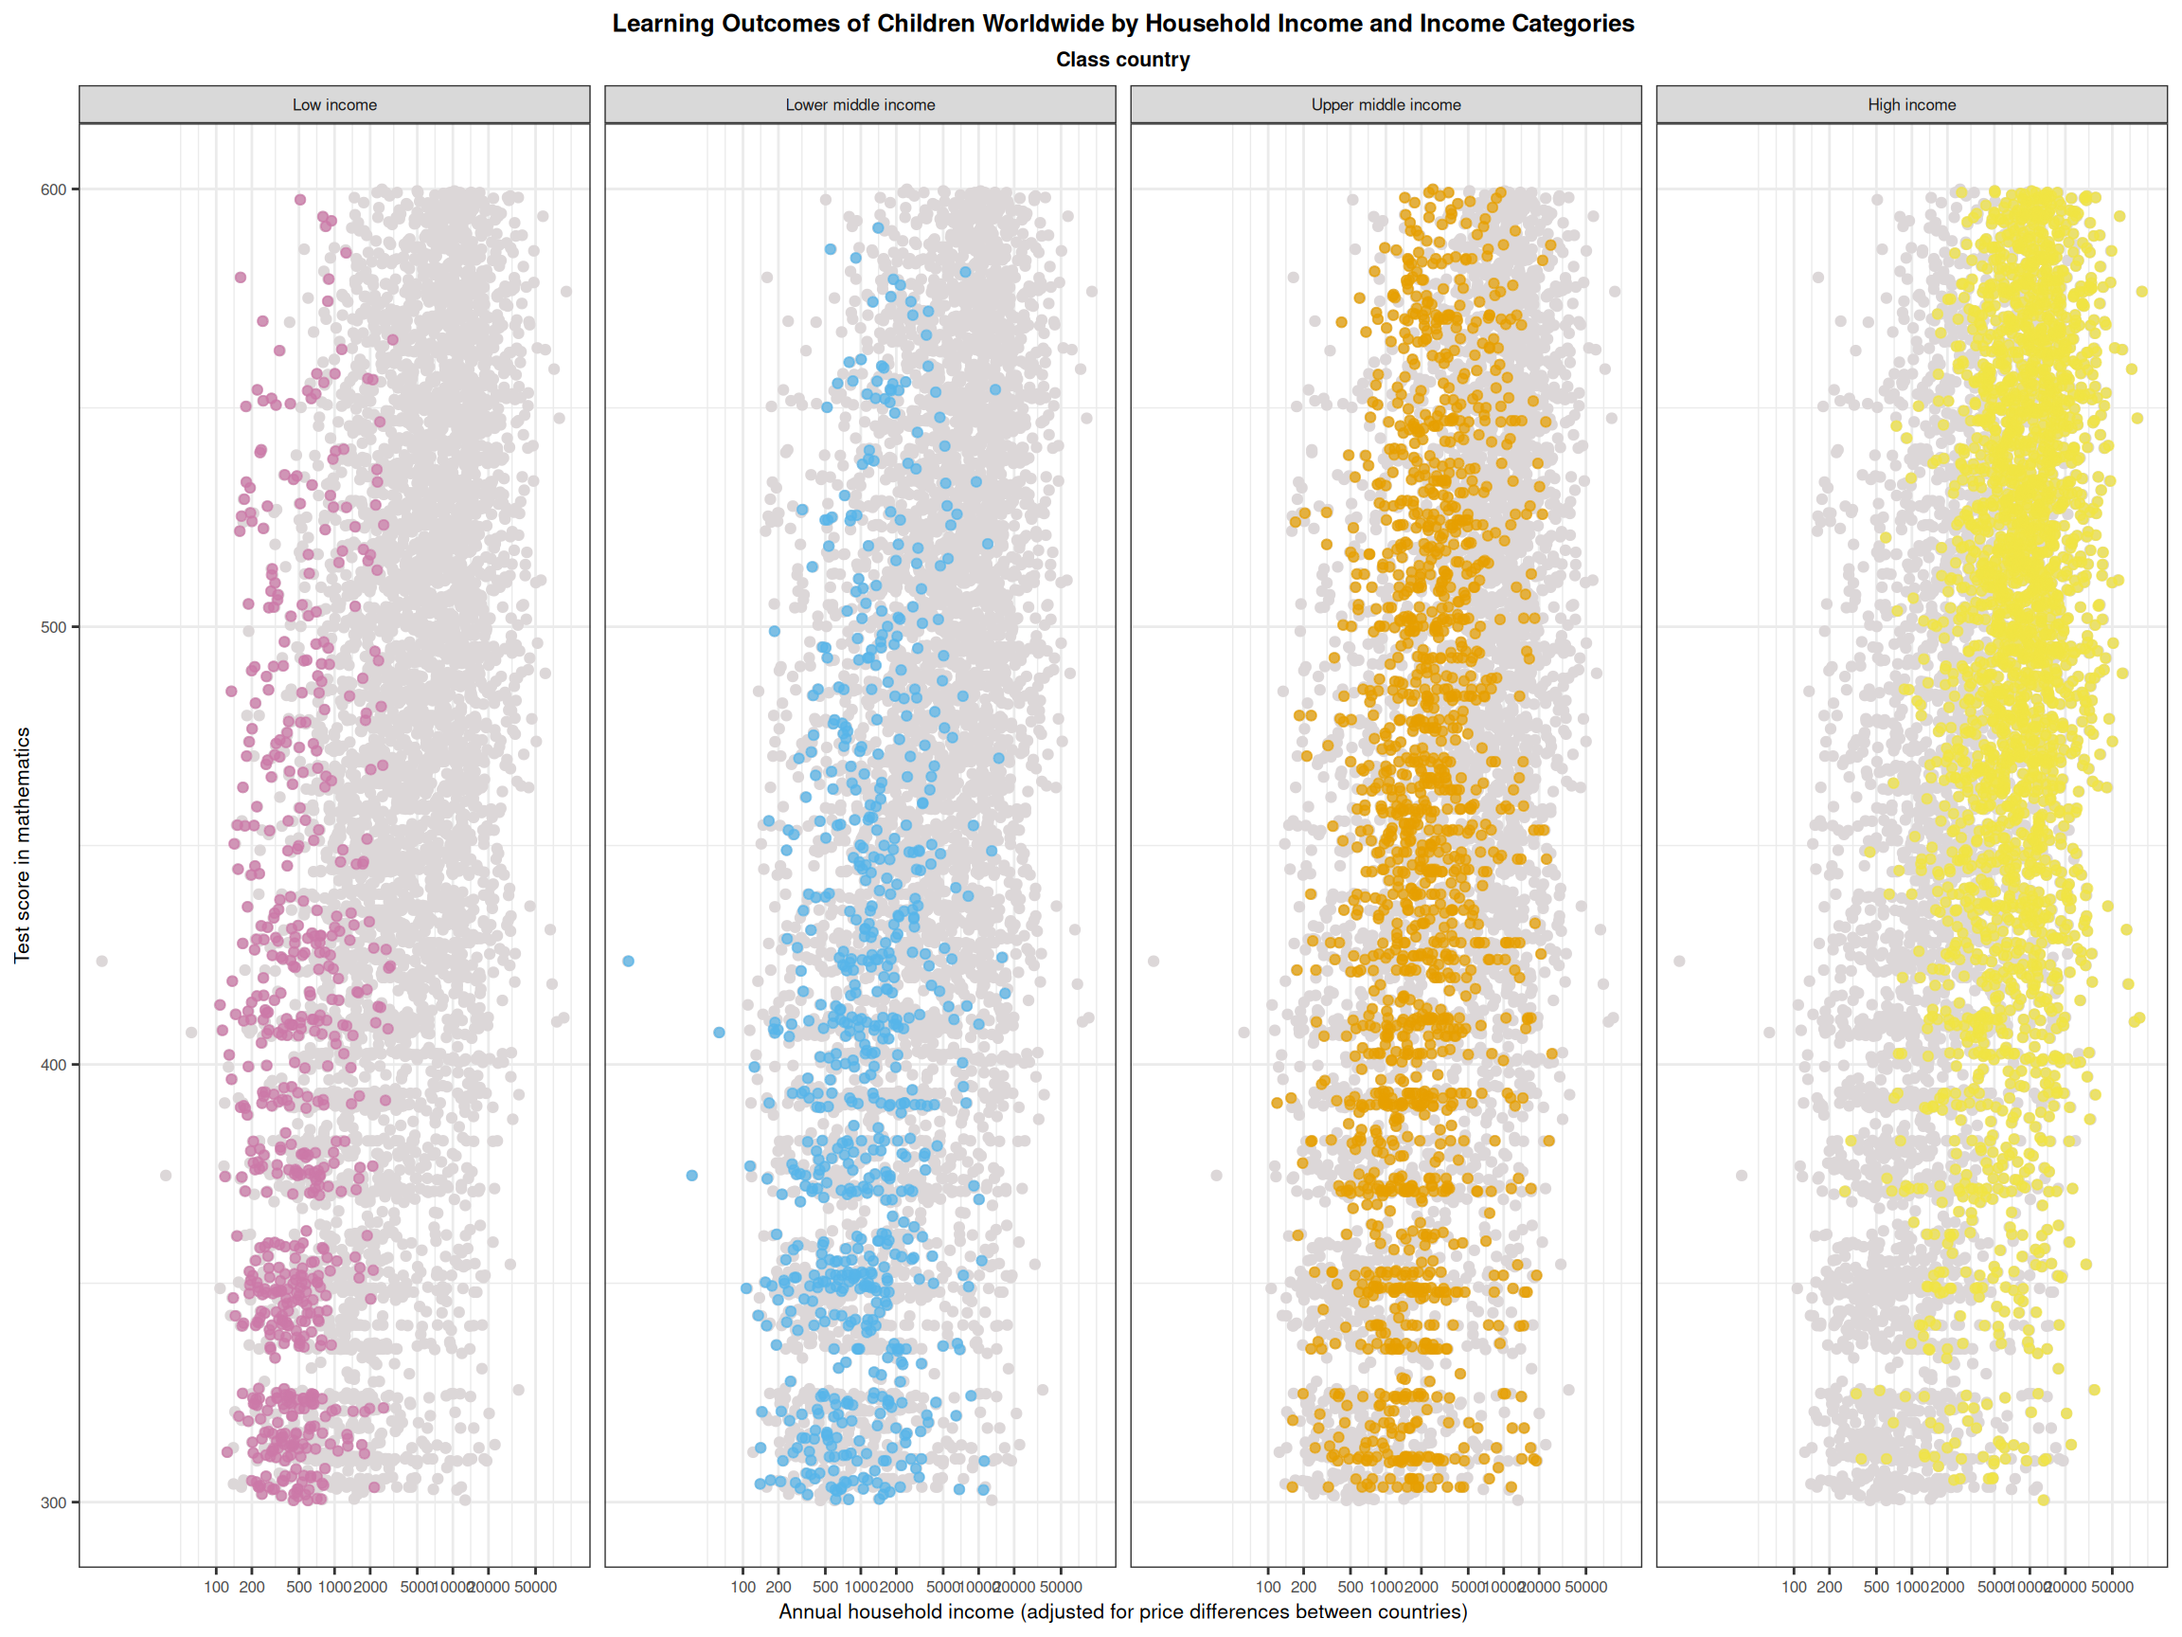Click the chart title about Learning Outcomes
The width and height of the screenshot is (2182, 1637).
point(1122,24)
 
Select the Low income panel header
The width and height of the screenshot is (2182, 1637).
point(334,104)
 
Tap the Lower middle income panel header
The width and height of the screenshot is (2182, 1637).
point(860,104)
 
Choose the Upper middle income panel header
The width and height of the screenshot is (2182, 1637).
point(1386,104)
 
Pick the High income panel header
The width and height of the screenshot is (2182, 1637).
point(1912,104)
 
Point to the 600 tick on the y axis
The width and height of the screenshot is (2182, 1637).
point(53,189)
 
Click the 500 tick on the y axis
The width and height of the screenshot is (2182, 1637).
point(53,627)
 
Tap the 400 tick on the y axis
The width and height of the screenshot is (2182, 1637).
point(53,1065)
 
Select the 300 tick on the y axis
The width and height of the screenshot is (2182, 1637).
point(53,1502)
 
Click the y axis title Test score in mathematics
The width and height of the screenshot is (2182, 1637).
point(23,845)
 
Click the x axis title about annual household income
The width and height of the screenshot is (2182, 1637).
point(1122,1611)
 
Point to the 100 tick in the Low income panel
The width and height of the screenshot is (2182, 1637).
point(217,1587)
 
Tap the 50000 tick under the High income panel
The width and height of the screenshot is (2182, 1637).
point(2112,1587)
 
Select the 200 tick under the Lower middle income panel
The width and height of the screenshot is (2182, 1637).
point(778,1587)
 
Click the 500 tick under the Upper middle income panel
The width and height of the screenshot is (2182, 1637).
point(1350,1587)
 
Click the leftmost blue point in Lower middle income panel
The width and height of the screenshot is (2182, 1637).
point(628,962)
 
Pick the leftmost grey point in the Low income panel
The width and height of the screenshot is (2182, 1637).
point(101,962)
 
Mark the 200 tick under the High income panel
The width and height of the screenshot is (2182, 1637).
point(1830,1587)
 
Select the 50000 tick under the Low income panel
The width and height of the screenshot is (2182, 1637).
point(536,1587)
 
